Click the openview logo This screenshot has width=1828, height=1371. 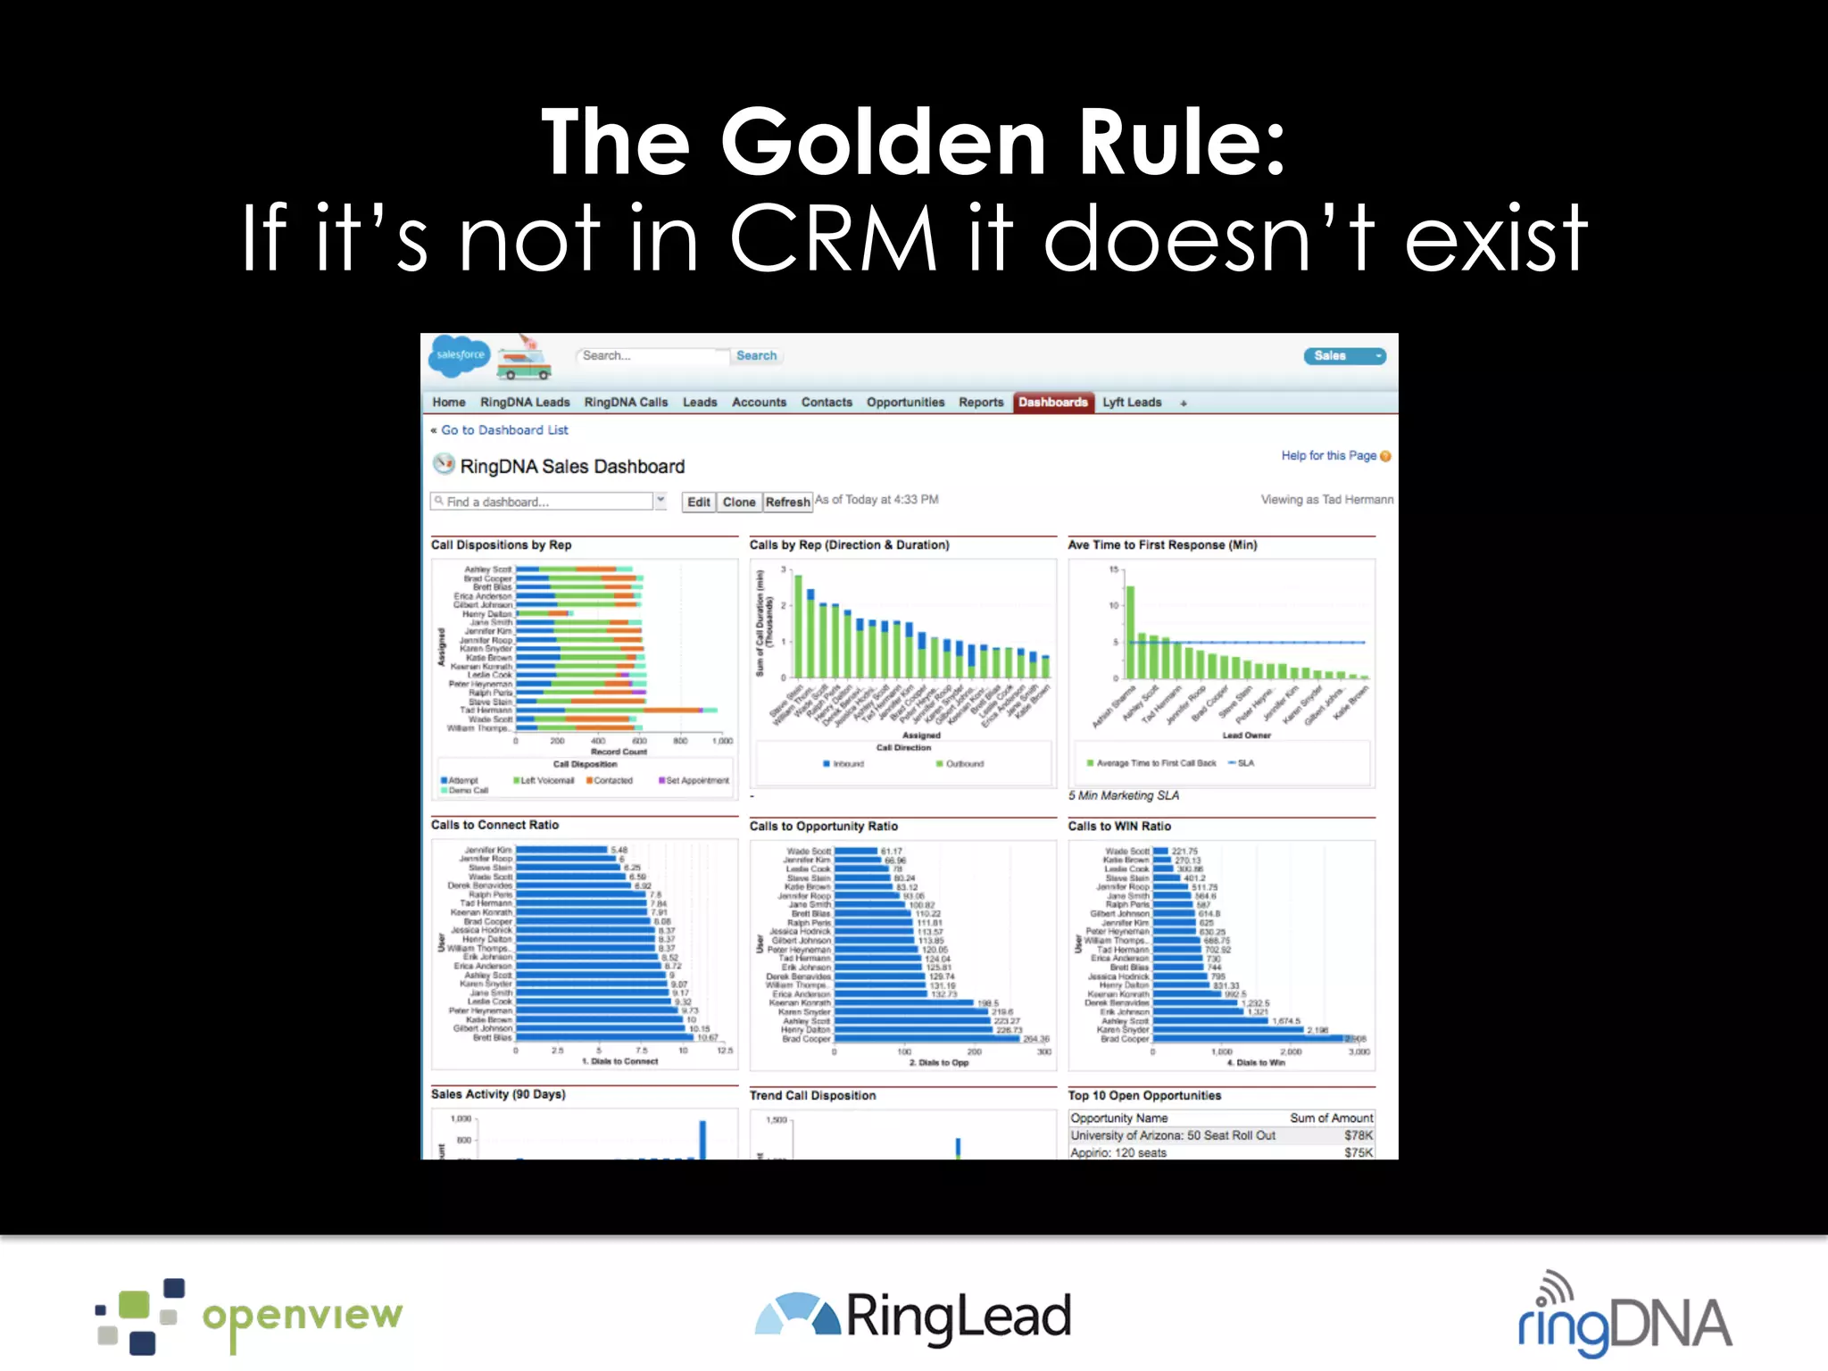(250, 1317)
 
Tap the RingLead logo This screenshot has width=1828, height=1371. (912, 1317)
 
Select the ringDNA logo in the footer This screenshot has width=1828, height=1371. (1624, 1317)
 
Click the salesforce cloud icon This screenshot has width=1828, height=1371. (460, 355)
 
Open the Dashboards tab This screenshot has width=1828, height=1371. (1052, 403)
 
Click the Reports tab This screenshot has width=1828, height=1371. (981, 403)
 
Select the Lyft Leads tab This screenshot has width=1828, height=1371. (1132, 403)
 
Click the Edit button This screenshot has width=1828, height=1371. (698, 503)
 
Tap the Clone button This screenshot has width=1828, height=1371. (739, 503)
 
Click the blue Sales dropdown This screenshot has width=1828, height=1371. (1344, 356)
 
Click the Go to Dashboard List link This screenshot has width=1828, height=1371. (504, 430)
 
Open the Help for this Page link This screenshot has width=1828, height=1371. (1328, 455)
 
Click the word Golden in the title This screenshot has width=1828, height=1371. (883, 143)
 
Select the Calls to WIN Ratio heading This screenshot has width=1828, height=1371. (1119, 827)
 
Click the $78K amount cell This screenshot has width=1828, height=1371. (1358, 1135)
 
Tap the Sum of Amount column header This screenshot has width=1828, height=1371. (1331, 1118)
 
